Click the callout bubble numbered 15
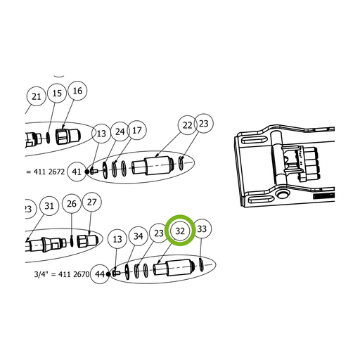[57, 93]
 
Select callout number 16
[77, 91]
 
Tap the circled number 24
[120, 131]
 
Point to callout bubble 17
[137, 130]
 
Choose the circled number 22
[187, 125]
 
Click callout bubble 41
[77, 172]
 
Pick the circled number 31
[49, 206]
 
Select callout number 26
[72, 204]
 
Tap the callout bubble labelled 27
[91, 202]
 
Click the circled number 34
[138, 236]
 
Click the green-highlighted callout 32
[180, 231]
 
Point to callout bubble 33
[202, 229]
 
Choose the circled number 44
[100, 274]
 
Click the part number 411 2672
[49, 172]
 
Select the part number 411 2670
[74, 274]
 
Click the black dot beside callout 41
[87, 172]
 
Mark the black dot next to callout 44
[108, 274]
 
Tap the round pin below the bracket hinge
[281, 193]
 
